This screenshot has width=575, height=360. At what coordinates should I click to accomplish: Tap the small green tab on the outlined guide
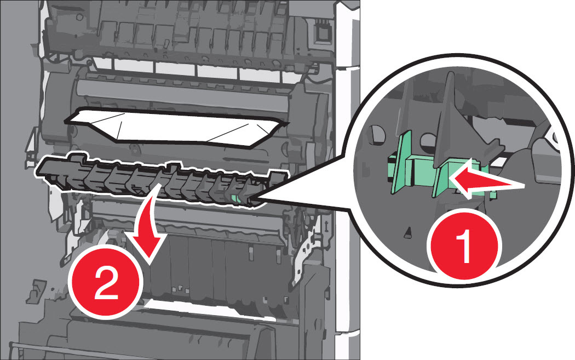click(236, 198)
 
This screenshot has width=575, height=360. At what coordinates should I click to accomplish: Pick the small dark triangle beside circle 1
click(408, 233)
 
